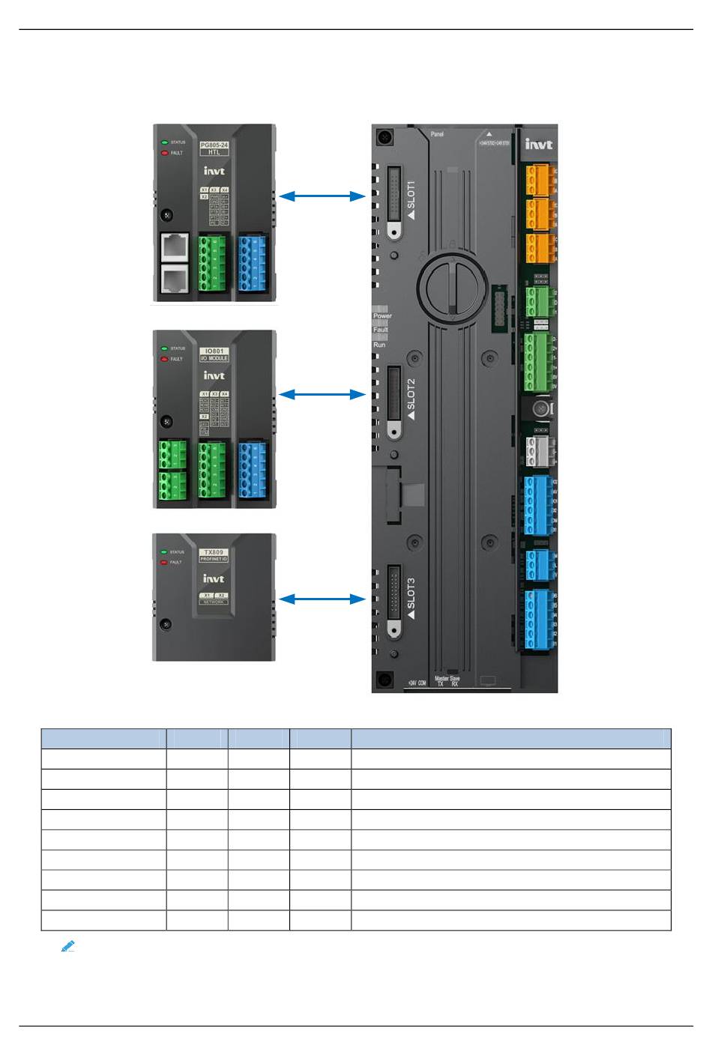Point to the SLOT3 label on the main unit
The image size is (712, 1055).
[411, 598]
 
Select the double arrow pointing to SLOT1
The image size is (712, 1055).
[322, 196]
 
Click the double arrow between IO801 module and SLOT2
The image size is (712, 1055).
[322, 394]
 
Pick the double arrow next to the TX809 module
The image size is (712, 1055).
[322, 599]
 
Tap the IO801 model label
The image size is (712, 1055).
[214, 351]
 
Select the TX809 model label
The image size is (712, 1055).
[214, 552]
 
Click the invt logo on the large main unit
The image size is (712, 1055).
[538, 144]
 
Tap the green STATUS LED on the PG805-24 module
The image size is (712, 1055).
[163, 142]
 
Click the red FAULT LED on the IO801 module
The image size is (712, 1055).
[163, 359]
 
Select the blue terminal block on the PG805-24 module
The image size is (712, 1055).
[252, 262]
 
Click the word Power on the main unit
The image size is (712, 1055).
[382, 315]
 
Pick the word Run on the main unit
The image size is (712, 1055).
[379, 345]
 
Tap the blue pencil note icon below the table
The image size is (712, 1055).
[67, 946]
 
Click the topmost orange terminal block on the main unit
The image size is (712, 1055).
[540, 180]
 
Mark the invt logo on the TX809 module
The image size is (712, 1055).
[214, 578]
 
